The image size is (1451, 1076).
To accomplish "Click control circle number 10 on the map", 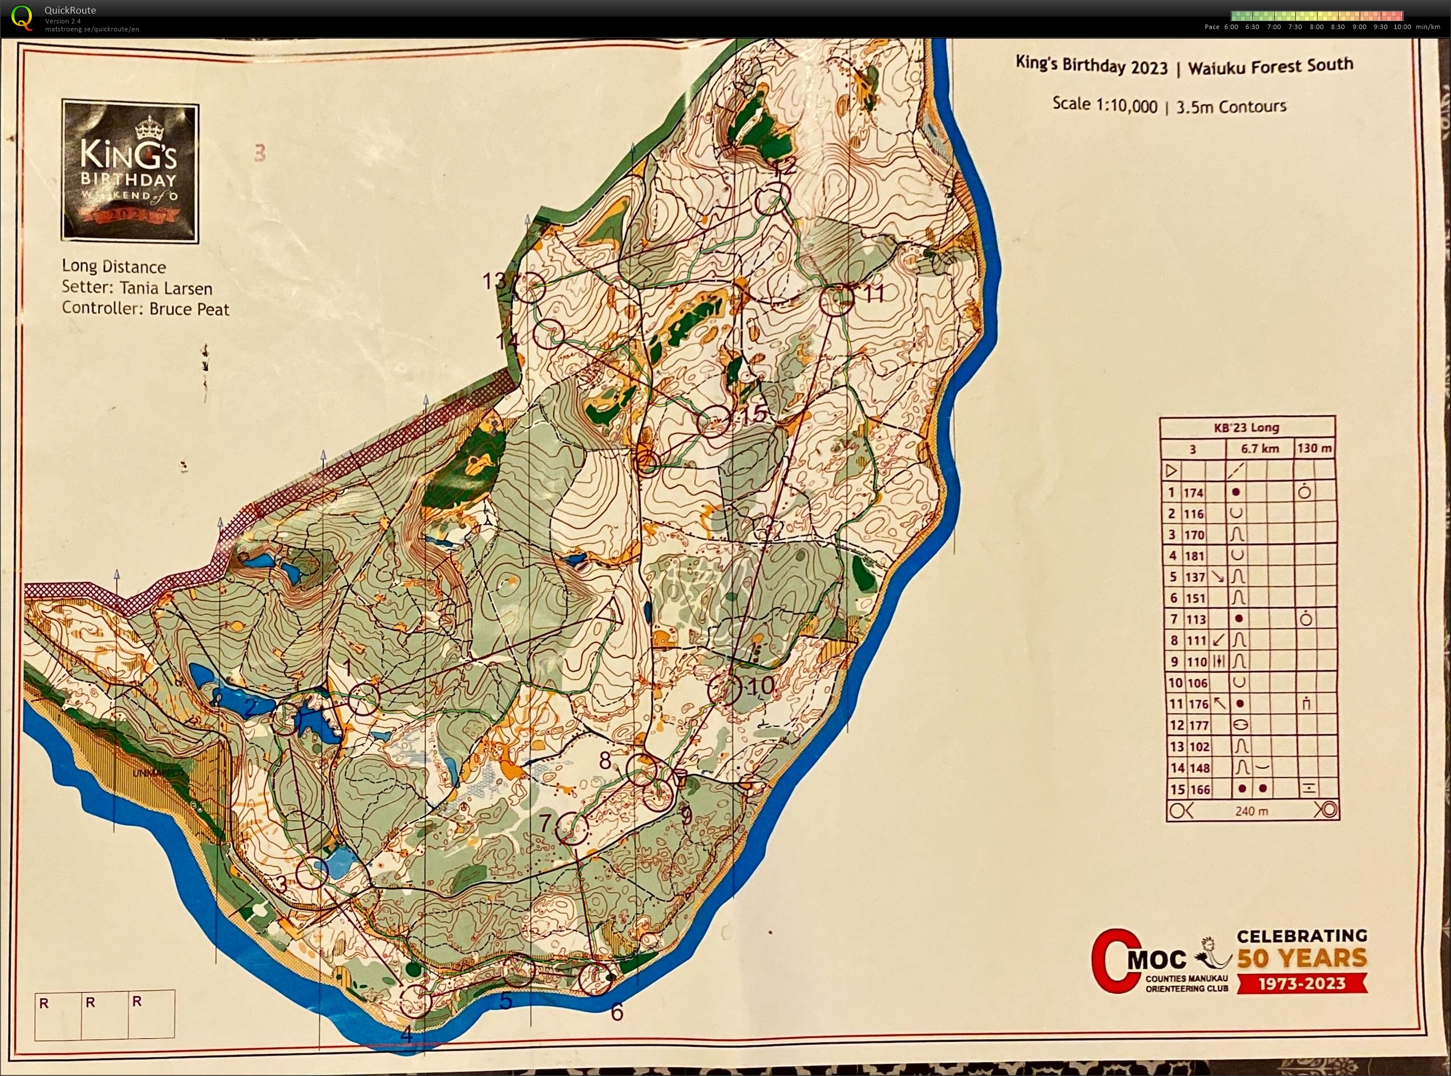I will [724, 690].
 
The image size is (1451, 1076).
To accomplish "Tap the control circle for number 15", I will [714, 422].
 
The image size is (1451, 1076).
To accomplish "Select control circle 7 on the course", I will [572, 829].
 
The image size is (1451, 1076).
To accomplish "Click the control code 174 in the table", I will [1194, 492].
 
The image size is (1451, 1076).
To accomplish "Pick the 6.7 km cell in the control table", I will [1259, 449].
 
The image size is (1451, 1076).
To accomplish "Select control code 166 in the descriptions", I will [1199, 790].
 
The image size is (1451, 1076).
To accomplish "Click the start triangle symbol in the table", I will [1171, 470].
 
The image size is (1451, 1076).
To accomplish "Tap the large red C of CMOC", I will [1114, 960].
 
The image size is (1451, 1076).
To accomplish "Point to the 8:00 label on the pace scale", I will [1316, 27].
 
